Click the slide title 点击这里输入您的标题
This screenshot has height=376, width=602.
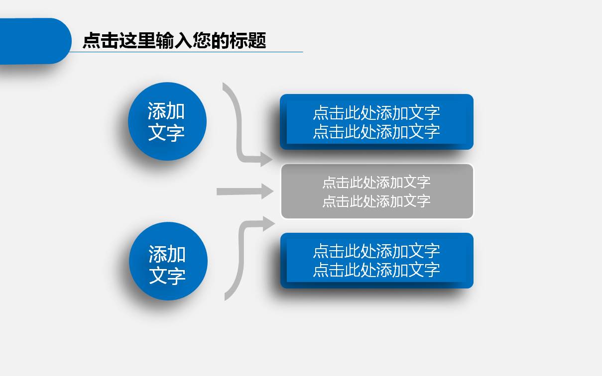[x=174, y=40]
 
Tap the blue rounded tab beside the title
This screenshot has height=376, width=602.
[x=35, y=41]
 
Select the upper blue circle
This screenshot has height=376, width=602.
[x=167, y=121]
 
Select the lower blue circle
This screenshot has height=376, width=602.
[x=168, y=261]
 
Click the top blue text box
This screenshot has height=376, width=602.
[x=376, y=121]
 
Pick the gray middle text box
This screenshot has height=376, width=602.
[x=377, y=191]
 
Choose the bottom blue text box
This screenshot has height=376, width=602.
[x=377, y=261]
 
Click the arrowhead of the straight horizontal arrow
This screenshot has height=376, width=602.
[x=267, y=191]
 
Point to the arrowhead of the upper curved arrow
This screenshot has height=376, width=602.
[x=266, y=159]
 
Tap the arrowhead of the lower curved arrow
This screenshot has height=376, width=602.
[x=268, y=223]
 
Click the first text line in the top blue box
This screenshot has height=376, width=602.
[x=376, y=112]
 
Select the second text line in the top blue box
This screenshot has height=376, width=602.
[x=376, y=131]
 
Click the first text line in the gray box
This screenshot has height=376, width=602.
[x=376, y=182]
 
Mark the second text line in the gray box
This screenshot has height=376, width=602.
[x=376, y=201]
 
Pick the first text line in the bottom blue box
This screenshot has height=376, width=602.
[x=376, y=251]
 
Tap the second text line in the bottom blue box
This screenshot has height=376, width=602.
[x=376, y=270]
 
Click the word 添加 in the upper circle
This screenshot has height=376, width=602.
[x=166, y=110]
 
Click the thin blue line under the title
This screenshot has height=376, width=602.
[x=186, y=52]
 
